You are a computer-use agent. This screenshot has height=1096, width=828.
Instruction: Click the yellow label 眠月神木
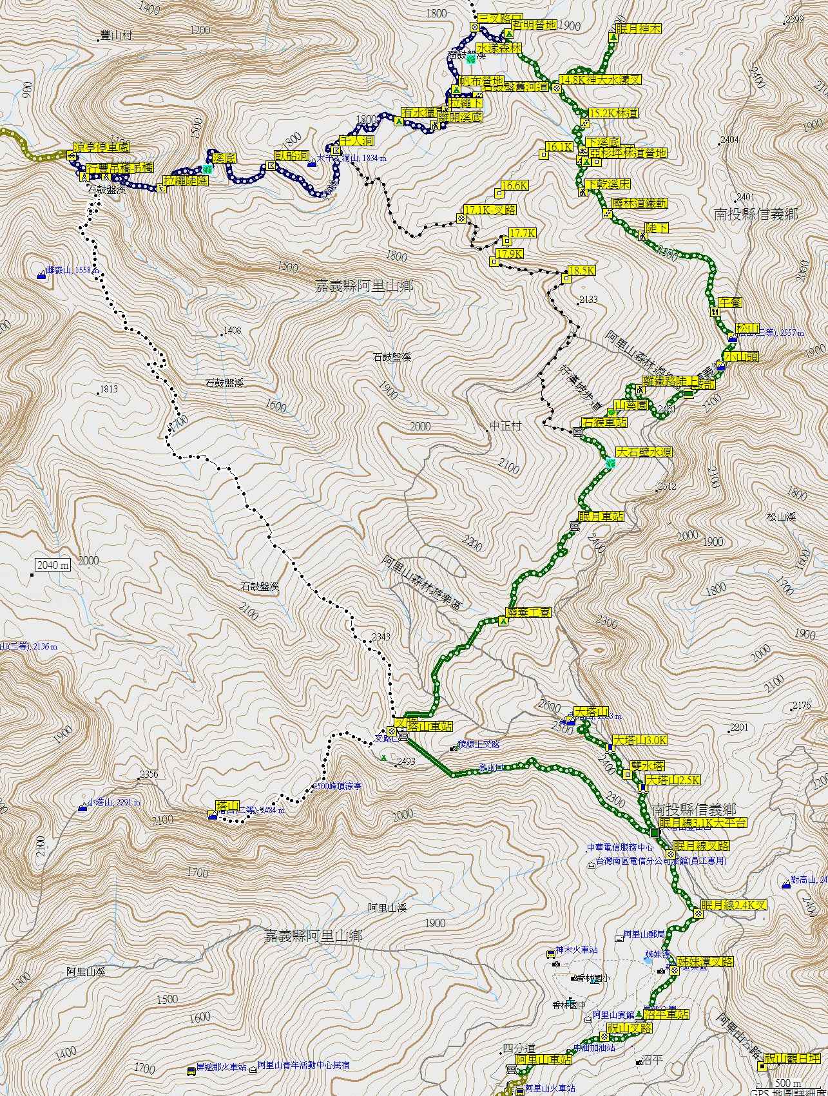pos(639,29)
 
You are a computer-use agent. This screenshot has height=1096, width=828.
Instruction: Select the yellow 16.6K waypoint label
pos(514,186)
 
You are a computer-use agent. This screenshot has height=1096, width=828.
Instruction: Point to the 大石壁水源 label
pos(644,452)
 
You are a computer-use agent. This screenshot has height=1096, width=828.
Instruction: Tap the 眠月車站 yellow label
pos(601,516)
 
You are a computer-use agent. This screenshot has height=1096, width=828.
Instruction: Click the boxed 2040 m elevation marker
pos(53,565)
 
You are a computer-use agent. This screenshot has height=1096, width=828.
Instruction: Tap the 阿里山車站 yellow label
pos(543,1059)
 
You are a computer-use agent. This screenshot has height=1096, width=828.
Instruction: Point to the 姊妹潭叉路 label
pos(706,961)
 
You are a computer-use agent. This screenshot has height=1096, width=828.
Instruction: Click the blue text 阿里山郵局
pos(644,934)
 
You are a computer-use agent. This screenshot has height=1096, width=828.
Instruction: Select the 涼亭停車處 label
pos(97,146)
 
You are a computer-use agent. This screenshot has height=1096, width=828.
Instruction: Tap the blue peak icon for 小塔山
pos(82,806)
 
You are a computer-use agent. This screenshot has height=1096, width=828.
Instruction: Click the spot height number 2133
pos(588,300)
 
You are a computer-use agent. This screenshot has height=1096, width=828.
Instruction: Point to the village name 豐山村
pos(117,36)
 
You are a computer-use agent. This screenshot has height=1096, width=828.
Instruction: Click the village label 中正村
pos(505,426)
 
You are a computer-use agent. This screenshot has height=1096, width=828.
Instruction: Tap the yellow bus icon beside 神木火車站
pos(551,953)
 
